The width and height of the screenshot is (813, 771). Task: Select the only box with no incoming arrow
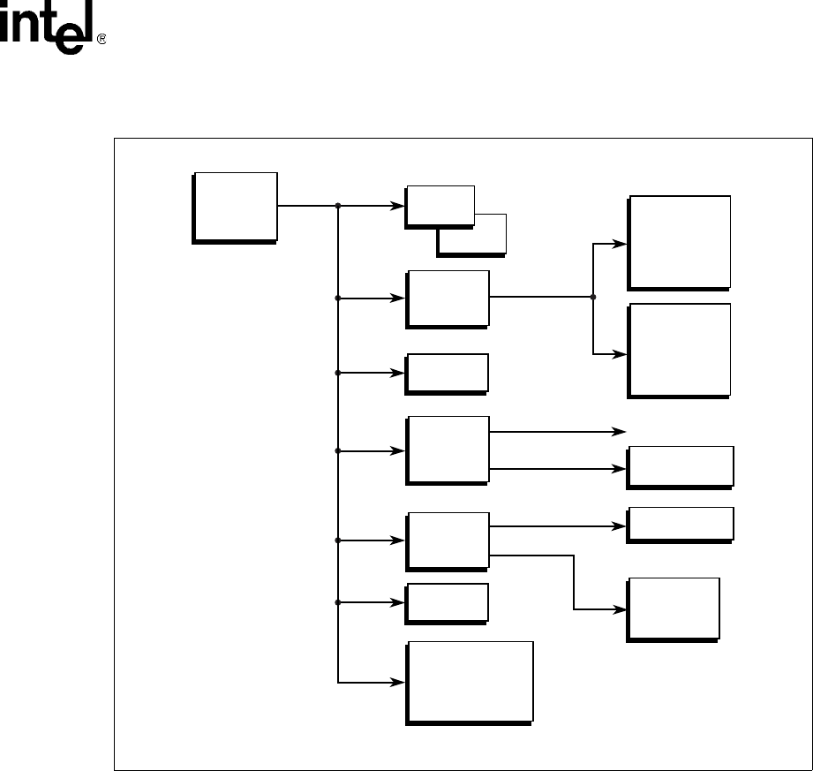tap(235, 207)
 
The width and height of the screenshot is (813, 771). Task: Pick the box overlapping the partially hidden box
tap(440, 206)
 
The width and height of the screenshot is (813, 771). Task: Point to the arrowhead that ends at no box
tap(620, 432)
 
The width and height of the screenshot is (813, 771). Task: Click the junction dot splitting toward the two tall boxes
tap(593, 297)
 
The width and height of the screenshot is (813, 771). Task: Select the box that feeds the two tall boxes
tap(447, 298)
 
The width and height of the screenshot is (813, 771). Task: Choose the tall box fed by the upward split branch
tap(679, 241)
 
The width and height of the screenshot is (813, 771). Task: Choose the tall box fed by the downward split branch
tap(679, 349)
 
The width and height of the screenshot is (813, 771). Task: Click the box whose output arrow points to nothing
tap(447, 449)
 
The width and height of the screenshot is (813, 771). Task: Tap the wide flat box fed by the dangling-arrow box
tap(680, 466)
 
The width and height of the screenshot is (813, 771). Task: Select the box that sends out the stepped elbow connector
tap(447, 540)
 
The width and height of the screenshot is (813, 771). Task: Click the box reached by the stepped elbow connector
tap(673, 608)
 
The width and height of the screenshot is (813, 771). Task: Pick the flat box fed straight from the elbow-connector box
tap(680, 524)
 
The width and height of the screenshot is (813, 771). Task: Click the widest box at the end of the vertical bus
tap(469, 681)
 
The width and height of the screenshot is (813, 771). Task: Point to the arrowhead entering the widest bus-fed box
tap(399, 682)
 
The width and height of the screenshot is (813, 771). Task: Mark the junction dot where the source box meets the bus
tap(339, 206)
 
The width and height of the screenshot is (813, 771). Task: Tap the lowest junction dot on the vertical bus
tap(339, 602)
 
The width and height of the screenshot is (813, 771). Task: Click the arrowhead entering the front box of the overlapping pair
tap(399, 206)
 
